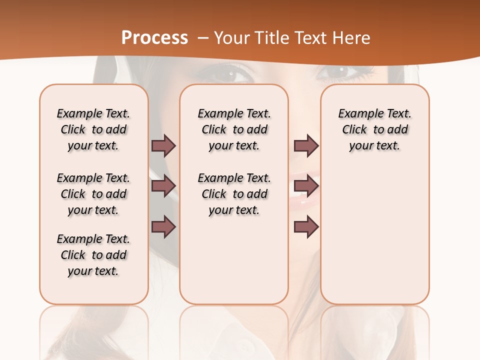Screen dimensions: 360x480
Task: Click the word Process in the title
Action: pyautogui.click(x=154, y=37)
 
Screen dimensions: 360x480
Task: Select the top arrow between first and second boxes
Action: pyautogui.click(x=163, y=145)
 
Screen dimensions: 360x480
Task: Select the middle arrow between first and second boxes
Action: pyautogui.click(x=163, y=186)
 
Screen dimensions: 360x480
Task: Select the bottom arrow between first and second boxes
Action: pyautogui.click(x=163, y=227)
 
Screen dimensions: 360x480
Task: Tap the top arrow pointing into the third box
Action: pyautogui.click(x=306, y=145)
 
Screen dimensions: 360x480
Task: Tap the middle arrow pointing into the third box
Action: pyautogui.click(x=306, y=186)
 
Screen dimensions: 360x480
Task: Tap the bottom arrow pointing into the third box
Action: pyautogui.click(x=306, y=227)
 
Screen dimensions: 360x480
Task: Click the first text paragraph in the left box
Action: pyautogui.click(x=93, y=129)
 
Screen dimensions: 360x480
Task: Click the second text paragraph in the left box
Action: pyautogui.click(x=93, y=194)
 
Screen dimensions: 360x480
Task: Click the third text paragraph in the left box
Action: pyautogui.click(x=93, y=255)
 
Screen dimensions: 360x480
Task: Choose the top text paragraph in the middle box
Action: pyautogui.click(x=234, y=129)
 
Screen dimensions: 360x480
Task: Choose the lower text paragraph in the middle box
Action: pyautogui.click(x=234, y=194)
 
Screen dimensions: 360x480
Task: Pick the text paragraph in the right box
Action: pyautogui.click(x=374, y=129)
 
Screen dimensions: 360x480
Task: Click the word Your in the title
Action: pyautogui.click(x=232, y=37)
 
